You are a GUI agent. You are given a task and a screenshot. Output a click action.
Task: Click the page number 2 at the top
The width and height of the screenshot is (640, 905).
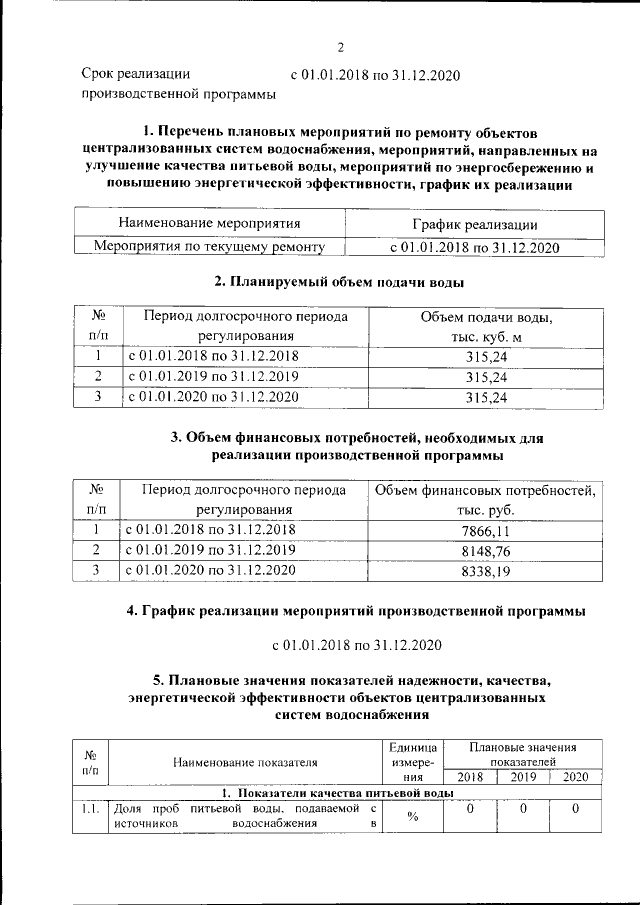tap(340, 46)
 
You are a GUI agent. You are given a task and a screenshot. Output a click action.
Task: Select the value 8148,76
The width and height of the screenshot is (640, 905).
tap(485, 550)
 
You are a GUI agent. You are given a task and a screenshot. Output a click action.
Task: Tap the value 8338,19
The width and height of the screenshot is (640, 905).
tap(485, 571)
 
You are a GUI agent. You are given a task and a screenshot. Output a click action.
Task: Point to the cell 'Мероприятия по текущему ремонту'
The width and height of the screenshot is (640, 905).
tap(209, 245)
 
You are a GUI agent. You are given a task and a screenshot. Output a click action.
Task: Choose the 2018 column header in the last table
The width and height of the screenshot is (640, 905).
tap(469, 776)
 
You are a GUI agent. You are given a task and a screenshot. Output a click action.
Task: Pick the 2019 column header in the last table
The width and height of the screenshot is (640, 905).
tap(523, 776)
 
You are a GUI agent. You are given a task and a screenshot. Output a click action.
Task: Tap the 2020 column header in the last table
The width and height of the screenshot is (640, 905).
tap(576, 776)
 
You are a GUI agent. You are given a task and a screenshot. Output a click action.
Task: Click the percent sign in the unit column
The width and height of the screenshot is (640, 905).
tap(412, 816)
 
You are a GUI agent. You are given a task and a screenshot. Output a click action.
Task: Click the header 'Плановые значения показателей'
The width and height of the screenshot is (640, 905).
tap(523, 754)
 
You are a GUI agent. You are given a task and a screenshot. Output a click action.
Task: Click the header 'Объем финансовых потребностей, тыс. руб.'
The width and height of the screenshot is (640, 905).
tap(485, 499)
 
